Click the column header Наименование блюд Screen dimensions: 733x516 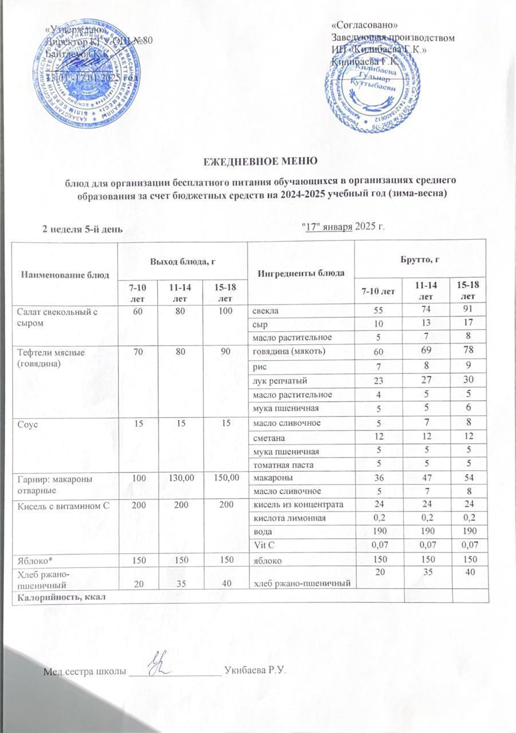tap(65, 274)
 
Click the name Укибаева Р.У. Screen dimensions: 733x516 tap(255, 669)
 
